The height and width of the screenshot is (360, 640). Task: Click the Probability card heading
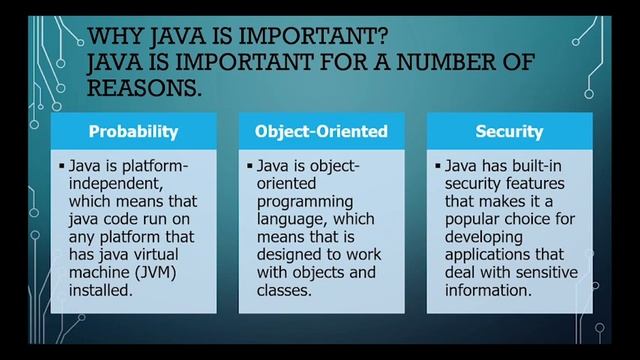[134, 131]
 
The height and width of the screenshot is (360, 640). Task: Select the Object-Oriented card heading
[322, 131]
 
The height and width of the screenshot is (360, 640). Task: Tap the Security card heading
[510, 131]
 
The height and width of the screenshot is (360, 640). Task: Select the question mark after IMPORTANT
[378, 39]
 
